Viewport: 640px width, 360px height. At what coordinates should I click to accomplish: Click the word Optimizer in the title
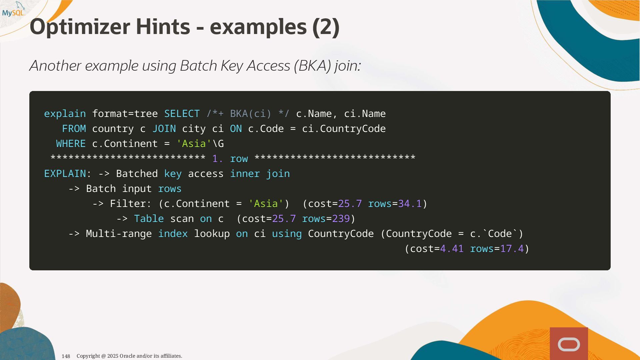(x=80, y=27)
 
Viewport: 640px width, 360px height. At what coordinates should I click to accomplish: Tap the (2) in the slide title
(x=326, y=27)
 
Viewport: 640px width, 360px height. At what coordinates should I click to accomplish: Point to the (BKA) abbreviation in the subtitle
(x=312, y=66)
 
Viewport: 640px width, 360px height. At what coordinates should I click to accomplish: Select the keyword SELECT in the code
(x=182, y=114)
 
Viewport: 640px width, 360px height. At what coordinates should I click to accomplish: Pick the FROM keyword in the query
(x=74, y=129)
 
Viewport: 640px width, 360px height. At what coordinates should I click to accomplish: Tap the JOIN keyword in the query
(x=164, y=129)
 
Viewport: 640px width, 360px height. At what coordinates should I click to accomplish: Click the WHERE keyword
(x=71, y=144)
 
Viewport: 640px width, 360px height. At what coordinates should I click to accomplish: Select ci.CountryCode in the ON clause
(x=344, y=129)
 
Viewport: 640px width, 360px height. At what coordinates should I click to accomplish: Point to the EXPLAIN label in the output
(x=65, y=174)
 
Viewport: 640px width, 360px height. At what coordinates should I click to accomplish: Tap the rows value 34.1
(x=410, y=204)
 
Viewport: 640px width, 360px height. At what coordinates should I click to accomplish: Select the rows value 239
(x=341, y=219)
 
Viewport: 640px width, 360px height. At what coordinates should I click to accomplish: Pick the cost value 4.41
(x=452, y=249)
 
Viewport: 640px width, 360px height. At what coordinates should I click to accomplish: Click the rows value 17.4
(x=512, y=249)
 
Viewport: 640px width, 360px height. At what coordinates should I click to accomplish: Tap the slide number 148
(x=66, y=356)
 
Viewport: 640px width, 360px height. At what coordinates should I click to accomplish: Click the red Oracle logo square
(x=569, y=344)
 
